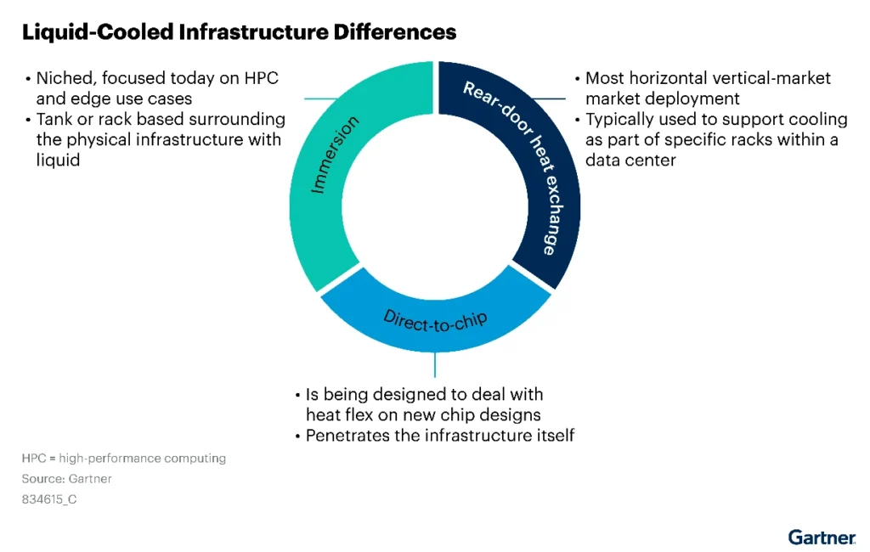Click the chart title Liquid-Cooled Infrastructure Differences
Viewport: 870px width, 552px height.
pyautogui.click(x=239, y=32)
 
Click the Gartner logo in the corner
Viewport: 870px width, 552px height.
pyautogui.click(x=822, y=536)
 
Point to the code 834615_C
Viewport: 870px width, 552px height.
pyautogui.click(x=49, y=499)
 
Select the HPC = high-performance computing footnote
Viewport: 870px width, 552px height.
pyautogui.click(x=123, y=459)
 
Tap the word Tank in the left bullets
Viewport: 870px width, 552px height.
pyautogui.click(x=54, y=119)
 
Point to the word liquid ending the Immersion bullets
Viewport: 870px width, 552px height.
pyautogui.click(x=58, y=159)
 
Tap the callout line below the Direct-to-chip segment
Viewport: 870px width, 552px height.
pyautogui.click(x=435, y=363)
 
